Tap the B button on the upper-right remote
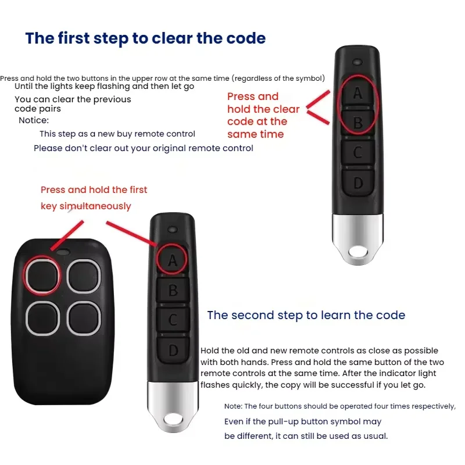[x=357, y=122]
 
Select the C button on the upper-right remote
[x=357, y=152]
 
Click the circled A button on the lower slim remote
[x=172, y=260]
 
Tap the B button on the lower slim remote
[x=173, y=289]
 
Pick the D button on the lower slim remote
[x=173, y=350]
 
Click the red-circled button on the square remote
[x=42, y=276]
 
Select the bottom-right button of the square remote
[x=84, y=319]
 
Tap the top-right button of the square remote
[x=84, y=276]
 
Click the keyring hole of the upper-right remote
[x=358, y=252]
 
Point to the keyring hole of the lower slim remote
[x=173, y=420]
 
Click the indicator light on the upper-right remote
[x=357, y=62]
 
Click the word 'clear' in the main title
[x=172, y=38]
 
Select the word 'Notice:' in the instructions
[x=34, y=120]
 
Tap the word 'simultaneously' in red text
[x=95, y=206]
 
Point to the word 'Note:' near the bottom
[x=233, y=406]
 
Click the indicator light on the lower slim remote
[x=173, y=230]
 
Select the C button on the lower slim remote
[x=173, y=320]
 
